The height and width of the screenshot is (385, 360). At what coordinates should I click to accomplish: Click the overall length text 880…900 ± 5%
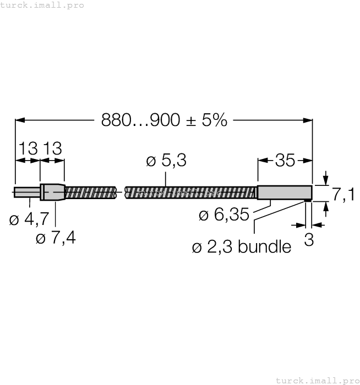(x=164, y=120)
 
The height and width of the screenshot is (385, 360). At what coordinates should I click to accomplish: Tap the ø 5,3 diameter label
(x=166, y=161)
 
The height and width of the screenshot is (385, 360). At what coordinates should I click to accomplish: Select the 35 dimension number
(x=285, y=161)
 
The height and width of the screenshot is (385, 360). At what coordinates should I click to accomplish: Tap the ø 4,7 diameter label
(x=29, y=220)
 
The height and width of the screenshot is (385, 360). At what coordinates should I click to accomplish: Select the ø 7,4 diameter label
(x=56, y=239)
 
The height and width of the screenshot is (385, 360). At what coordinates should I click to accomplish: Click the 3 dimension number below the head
(x=309, y=240)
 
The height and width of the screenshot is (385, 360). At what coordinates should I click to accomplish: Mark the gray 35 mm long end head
(x=285, y=192)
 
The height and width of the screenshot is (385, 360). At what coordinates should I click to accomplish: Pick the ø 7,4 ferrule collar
(x=52, y=192)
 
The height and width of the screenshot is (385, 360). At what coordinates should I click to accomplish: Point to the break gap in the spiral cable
(x=121, y=192)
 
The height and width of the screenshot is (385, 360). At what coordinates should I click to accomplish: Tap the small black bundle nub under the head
(x=307, y=201)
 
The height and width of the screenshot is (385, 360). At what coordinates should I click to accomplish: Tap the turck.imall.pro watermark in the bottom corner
(x=317, y=380)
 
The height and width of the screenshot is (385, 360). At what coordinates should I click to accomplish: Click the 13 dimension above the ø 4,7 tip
(x=28, y=148)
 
